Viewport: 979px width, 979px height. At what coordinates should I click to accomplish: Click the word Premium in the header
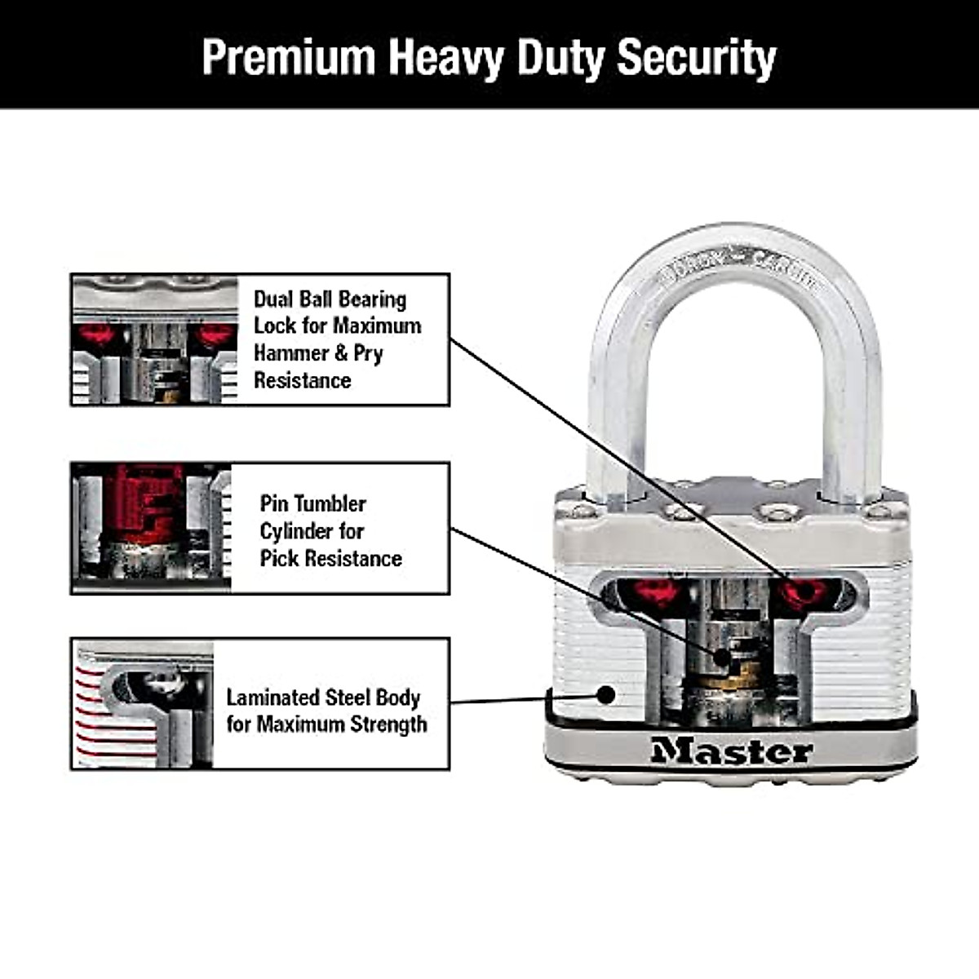click(288, 57)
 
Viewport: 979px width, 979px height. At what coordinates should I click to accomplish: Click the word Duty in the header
click(561, 57)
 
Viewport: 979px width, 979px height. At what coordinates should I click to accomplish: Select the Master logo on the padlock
click(732, 751)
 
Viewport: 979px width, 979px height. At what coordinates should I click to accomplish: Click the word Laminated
click(272, 698)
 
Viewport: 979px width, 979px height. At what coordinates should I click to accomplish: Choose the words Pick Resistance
click(330, 558)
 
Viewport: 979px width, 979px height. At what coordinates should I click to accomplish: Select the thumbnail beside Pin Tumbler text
click(152, 528)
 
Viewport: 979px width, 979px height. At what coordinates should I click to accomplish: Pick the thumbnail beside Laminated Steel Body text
click(144, 704)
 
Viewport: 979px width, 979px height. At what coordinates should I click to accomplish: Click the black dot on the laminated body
click(605, 694)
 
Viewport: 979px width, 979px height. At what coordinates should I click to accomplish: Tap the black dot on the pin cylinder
click(722, 657)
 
